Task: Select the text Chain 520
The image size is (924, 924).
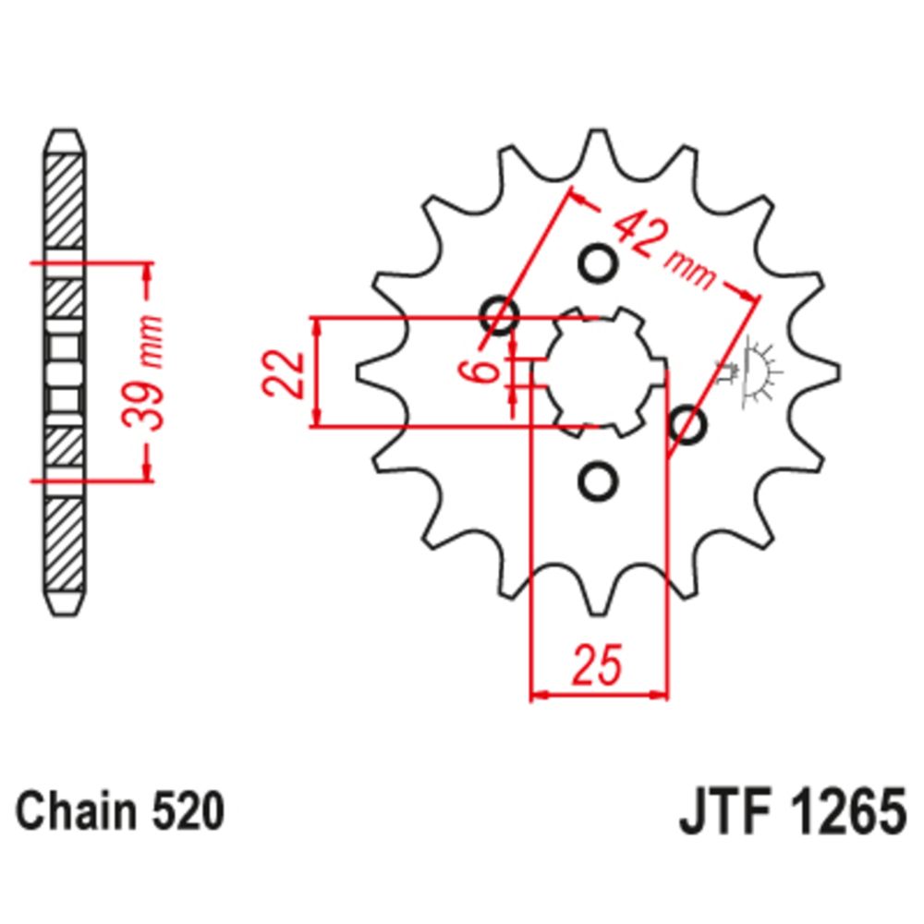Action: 121,814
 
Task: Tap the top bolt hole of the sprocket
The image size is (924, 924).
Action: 596,263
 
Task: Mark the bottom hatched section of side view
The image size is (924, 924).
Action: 65,545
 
